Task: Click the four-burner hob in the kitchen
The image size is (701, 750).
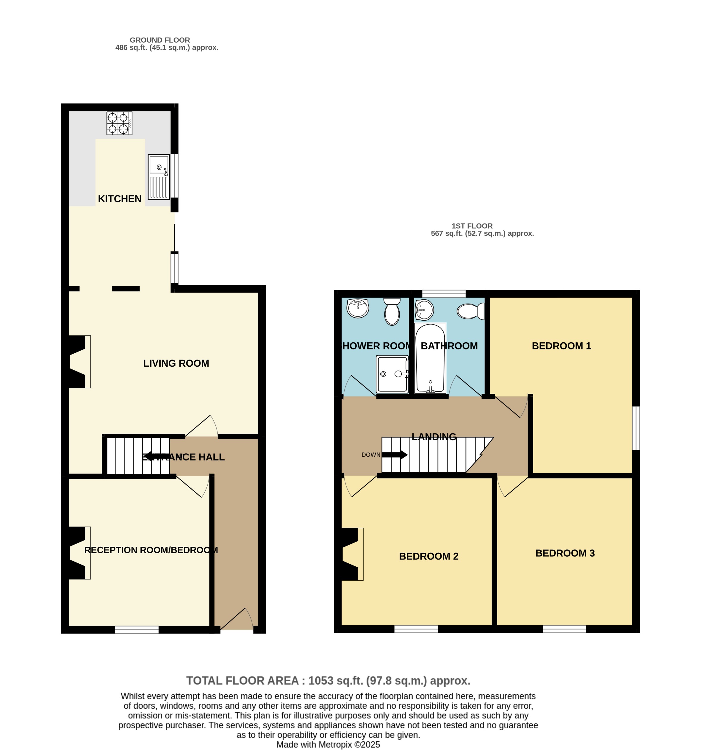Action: [119, 123]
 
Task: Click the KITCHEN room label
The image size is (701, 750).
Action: [120, 199]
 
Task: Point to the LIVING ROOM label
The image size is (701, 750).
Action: [176, 363]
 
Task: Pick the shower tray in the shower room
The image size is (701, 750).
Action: [392, 374]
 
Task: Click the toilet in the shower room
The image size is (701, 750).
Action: [392, 311]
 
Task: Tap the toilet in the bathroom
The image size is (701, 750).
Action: [470, 311]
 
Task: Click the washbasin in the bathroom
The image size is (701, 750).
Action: [424, 310]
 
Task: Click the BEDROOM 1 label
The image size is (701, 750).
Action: [561, 346]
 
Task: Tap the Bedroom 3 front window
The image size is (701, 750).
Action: [564, 629]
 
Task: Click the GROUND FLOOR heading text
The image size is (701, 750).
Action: [159, 40]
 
